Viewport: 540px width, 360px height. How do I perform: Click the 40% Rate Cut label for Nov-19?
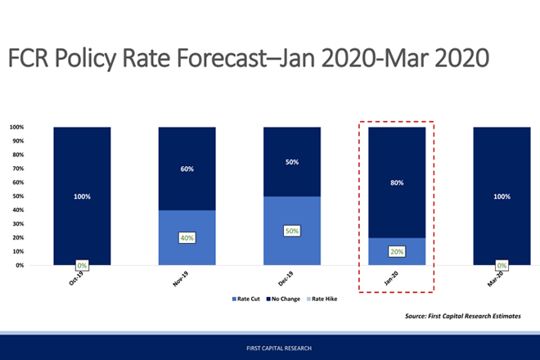[187, 237]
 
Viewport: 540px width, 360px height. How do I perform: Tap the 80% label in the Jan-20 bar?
[397, 183]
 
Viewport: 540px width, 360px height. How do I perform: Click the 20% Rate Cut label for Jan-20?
[397, 252]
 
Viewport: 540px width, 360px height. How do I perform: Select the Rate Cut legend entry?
[246, 299]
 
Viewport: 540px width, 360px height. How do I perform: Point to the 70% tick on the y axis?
[16, 169]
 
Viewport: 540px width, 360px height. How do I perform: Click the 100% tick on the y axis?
[16, 127]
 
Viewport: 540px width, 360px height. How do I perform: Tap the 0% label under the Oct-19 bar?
[82, 266]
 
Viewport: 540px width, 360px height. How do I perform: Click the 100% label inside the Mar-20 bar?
[502, 196]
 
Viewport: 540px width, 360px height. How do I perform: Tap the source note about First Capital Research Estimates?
[462, 316]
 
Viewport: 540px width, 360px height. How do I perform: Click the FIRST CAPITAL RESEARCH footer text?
[269, 348]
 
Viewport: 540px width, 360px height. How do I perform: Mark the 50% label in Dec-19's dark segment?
[292, 162]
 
